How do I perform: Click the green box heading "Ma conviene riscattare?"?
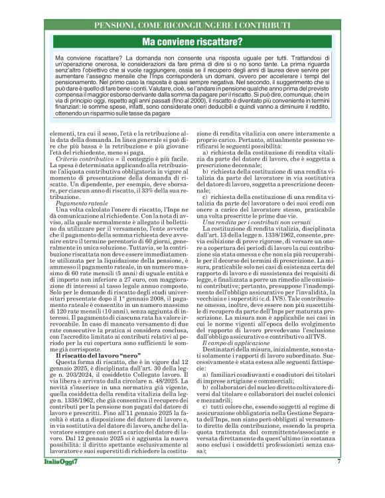[x=193, y=42]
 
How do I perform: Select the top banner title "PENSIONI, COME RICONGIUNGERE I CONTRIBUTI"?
[x=193, y=25]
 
